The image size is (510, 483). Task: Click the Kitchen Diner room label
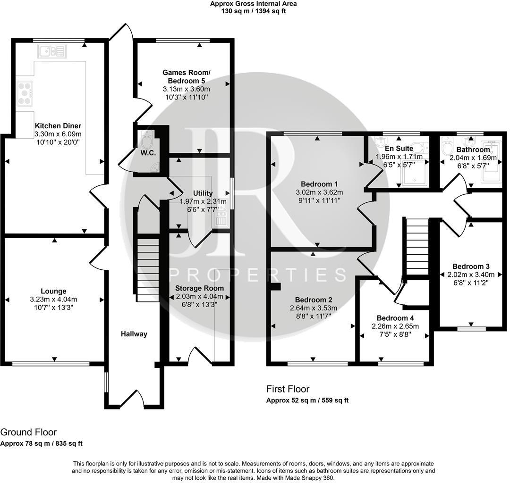pos(58,126)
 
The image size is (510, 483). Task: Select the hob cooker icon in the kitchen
pos(25,93)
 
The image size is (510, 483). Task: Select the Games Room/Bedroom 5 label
pos(186,76)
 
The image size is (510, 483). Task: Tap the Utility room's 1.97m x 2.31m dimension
pos(203,201)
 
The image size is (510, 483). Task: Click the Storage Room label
pos(199,288)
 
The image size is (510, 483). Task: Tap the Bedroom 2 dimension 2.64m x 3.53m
pos(314,308)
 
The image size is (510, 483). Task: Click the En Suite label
pos(399,149)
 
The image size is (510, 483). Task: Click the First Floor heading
pos(288,389)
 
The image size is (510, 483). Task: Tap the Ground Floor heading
pos(28,432)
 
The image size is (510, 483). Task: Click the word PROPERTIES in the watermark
pos(257,274)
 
